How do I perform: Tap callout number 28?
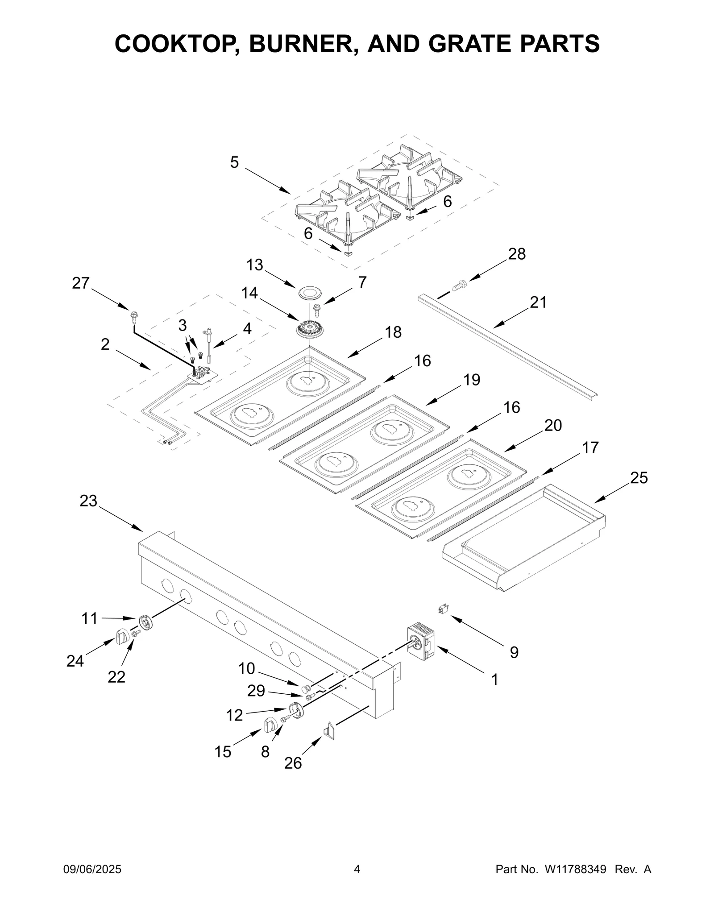pos(517,254)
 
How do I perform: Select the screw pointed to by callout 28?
pos(459,285)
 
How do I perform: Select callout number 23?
pos(88,501)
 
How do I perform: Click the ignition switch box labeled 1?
pos(421,642)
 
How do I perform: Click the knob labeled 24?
pos(122,637)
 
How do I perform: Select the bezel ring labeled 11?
pos(146,622)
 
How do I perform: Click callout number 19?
pos(471,380)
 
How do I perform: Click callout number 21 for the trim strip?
pos(538,302)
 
